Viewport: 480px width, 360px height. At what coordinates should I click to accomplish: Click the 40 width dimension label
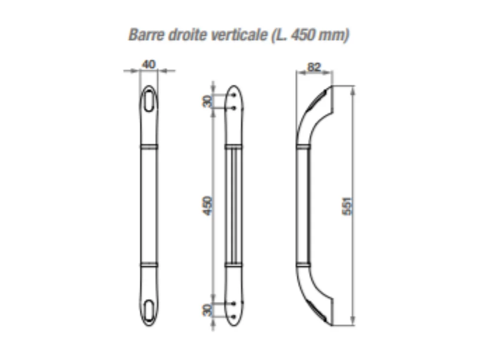pos(149,64)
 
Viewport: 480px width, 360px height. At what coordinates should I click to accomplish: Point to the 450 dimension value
pos(208,204)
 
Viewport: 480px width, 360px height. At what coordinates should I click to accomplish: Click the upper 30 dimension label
pos(208,101)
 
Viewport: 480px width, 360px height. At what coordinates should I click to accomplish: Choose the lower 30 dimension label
pos(208,309)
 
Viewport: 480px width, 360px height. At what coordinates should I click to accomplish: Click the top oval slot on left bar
pos(149,100)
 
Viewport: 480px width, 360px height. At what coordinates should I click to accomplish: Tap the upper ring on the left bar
pos(149,147)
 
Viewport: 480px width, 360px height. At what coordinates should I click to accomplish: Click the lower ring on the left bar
pos(149,265)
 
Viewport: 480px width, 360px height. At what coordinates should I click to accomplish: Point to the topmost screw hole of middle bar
pos(235,95)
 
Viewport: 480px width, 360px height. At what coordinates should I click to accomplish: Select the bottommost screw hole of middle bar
pos(235,316)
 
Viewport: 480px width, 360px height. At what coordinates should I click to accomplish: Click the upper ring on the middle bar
pos(235,147)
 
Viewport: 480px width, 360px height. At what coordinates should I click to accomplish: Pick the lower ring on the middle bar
pos(235,265)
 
